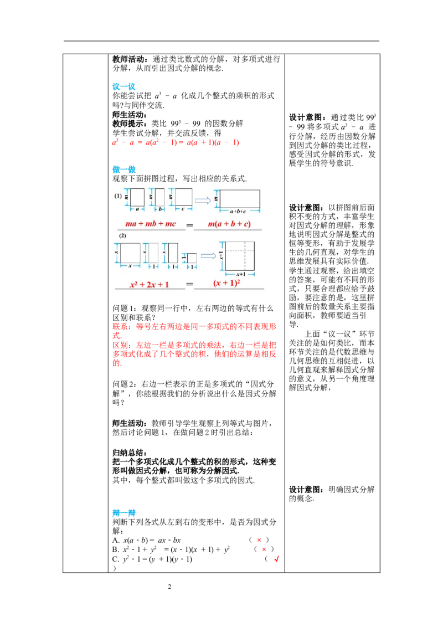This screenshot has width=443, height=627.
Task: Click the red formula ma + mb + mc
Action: click(x=150, y=224)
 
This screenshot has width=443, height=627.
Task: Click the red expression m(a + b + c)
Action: click(x=229, y=224)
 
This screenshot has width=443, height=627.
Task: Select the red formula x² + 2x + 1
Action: click(x=150, y=285)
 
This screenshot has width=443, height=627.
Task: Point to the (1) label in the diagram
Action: click(x=118, y=196)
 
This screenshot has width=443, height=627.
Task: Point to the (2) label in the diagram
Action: click(x=122, y=236)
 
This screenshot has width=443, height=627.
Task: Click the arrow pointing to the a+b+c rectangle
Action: click(x=203, y=200)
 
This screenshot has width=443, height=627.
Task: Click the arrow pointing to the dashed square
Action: click(x=208, y=255)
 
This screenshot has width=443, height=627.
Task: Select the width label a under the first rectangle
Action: click(x=137, y=210)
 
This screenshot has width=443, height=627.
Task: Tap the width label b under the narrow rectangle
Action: click(x=159, y=210)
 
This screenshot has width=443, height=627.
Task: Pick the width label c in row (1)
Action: click(x=183, y=210)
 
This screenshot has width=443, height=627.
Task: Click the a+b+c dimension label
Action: click(x=239, y=212)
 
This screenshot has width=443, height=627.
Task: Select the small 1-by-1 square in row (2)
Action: click(x=192, y=258)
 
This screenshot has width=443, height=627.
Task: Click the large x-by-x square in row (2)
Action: click(x=130, y=253)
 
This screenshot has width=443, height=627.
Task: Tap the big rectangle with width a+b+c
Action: click(x=240, y=198)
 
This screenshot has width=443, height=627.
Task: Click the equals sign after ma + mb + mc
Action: click(x=189, y=225)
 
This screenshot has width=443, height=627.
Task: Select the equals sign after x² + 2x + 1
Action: click(x=189, y=286)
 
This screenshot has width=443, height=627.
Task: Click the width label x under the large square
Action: click(x=130, y=266)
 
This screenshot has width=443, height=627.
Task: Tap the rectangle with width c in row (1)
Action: click(x=183, y=197)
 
